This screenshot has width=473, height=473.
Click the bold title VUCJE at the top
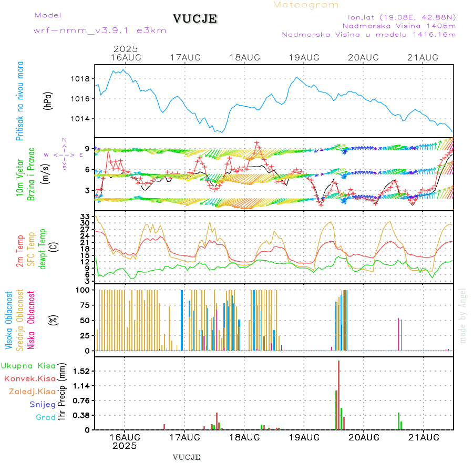[195, 19]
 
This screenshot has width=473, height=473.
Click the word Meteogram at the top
[306, 5]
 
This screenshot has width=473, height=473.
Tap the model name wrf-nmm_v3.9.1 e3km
[100, 30]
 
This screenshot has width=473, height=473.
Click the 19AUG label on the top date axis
[304, 57]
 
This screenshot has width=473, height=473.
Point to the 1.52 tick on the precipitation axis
[82, 371]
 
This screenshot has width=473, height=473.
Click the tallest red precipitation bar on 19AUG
[339, 394]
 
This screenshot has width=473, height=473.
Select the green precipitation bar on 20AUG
[398, 421]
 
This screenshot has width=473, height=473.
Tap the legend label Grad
[45, 417]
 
